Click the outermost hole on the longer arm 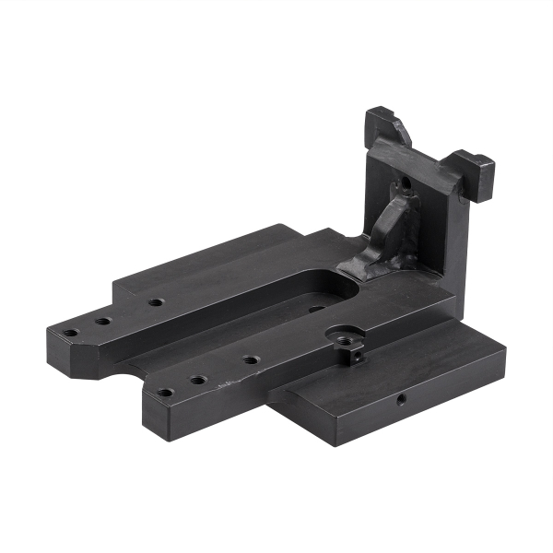tap(70, 334)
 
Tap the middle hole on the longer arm tap(102, 322)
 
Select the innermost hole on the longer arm tap(156, 302)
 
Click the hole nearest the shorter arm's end tap(164, 392)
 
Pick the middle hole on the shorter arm tap(198, 379)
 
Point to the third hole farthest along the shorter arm tap(250, 359)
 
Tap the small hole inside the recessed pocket tap(315, 309)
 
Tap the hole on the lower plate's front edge tap(402, 400)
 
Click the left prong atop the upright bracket tap(387, 124)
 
